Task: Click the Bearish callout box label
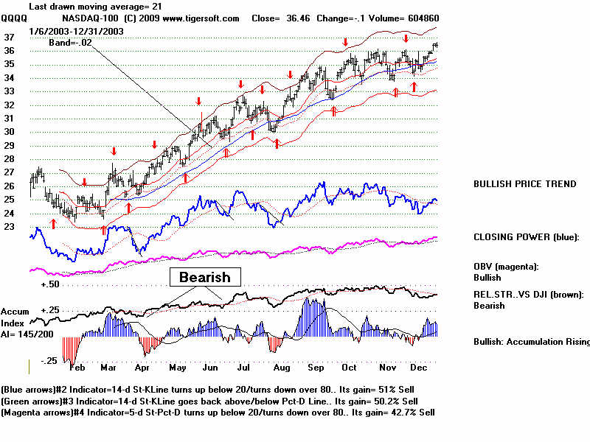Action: click(201, 277)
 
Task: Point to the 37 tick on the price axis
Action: click(10, 36)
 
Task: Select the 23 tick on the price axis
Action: click(10, 227)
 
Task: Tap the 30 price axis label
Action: click(10, 132)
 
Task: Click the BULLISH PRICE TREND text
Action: click(524, 184)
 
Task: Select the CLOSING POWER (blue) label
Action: click(526, 237)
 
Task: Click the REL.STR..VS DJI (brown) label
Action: click(528, 294)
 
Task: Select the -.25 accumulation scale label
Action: click(49, 360)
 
